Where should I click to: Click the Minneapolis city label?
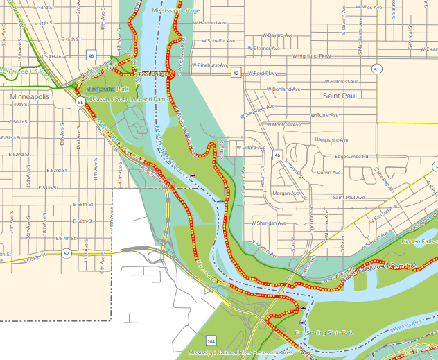(x=30, y=97)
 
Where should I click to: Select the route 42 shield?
(x=236, y=73)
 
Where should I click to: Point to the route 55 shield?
(x=81, y=102)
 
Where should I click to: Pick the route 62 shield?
(x=65, y=253)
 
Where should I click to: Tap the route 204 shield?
(x=210, y=341)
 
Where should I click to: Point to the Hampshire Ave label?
(x=331, y=139)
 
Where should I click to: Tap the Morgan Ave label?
(x=286, y=194)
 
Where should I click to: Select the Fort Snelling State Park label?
(x=324, y=334)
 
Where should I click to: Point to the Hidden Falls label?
(x=419, y=241)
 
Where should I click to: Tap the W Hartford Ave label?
(x=210, y=22)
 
